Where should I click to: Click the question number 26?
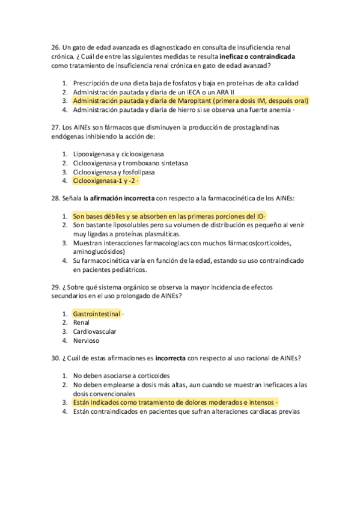56,47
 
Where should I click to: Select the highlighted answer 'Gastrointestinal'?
97,314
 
